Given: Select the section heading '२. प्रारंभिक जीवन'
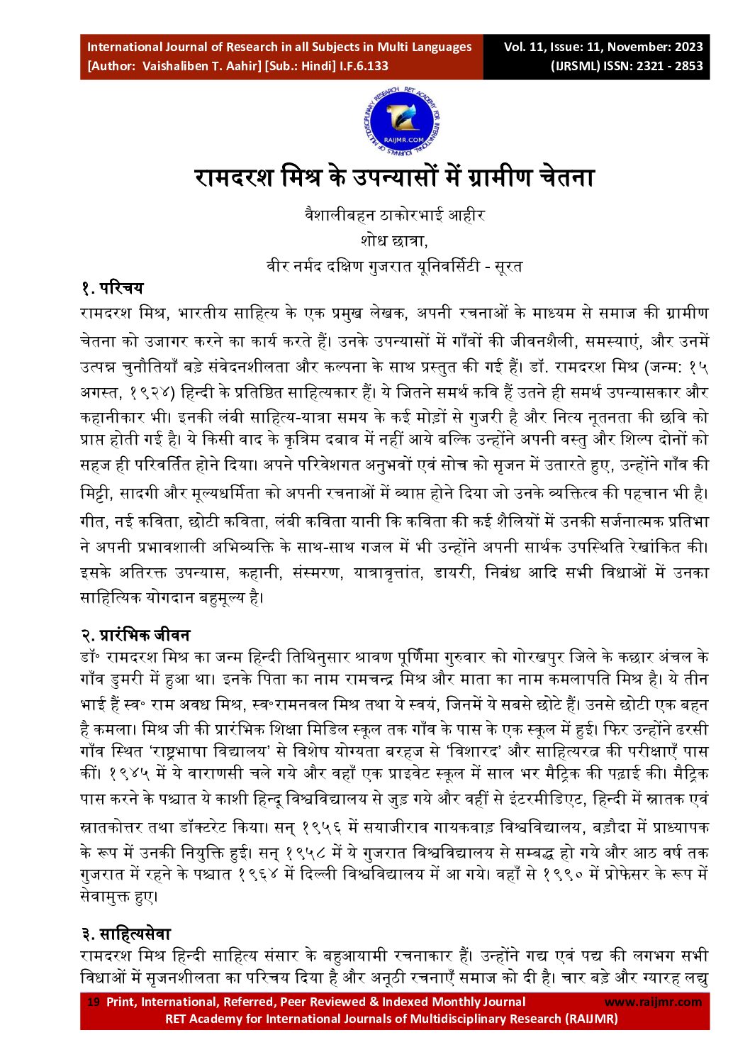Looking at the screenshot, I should click(135, 634).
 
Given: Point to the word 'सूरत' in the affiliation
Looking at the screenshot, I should click(508, 266).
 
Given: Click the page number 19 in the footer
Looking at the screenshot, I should click(93, 1002).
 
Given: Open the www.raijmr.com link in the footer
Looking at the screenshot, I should click(653, 1002).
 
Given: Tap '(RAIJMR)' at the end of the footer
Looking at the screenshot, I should click(591, 1019).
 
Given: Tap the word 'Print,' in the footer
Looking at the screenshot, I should click(122, 1002).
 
